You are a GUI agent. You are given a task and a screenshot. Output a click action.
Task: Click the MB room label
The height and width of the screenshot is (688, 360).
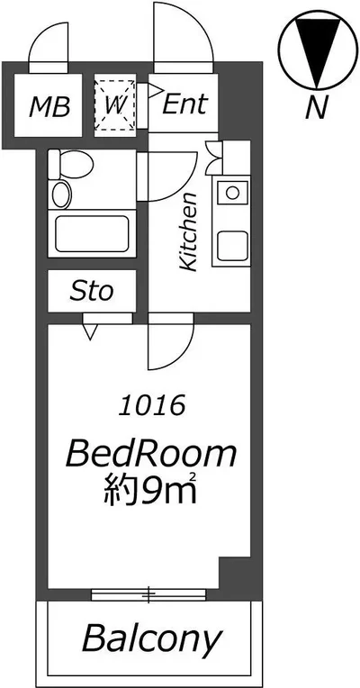pos(49,107)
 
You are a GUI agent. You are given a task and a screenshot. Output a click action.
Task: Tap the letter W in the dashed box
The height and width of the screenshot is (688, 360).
pos(116,105)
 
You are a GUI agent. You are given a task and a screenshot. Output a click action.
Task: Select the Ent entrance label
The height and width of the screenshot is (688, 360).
pos(184,104)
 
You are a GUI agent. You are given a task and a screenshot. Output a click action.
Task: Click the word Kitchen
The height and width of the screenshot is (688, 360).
pos(189,231)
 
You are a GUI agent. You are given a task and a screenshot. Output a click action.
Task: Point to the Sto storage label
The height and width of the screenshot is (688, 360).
pos(92,291)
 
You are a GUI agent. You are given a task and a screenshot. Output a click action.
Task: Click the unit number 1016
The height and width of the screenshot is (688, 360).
pos(151,405)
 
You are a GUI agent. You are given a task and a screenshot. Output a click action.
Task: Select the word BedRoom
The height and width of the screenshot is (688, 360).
pos(151,454)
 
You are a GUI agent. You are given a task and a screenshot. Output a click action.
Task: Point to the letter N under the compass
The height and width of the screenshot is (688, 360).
pos(317,107)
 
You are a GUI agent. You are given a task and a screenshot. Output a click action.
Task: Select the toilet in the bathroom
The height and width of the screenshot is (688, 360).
pos(70,164)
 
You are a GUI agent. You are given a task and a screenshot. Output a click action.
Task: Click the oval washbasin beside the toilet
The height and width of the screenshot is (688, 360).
pos(61,195)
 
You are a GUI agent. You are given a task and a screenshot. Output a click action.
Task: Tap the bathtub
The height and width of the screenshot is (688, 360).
pos(92,234)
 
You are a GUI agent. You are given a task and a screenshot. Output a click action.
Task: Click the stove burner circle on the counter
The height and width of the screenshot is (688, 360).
pos(231,192)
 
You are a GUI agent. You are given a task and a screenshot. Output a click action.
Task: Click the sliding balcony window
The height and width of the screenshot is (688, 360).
pos(148,594)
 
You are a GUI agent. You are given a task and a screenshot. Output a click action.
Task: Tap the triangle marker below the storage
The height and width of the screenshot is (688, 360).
pos(90,332)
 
